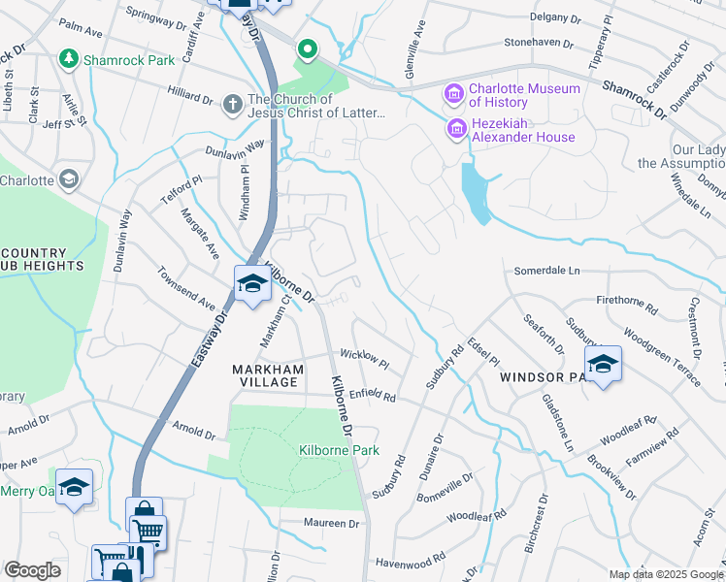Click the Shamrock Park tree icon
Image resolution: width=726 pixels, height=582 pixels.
click(x=69, y=60)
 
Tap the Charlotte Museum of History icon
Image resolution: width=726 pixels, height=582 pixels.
click(x=453, y=95)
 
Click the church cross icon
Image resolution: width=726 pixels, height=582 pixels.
click(x=232, y=103)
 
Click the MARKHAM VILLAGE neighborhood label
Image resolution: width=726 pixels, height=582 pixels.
click(x=267, y=375)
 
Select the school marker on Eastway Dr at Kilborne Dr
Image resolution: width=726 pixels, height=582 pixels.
click(x=251, y=284)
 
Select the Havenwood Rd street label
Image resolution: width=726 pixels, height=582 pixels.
click(x=410, y=560)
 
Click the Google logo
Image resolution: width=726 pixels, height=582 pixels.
click(x=32, y=570)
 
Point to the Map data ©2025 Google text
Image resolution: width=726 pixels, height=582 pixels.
click(x=665, y=574)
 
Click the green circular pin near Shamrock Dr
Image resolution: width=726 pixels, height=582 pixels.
click(x=308, y=48)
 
